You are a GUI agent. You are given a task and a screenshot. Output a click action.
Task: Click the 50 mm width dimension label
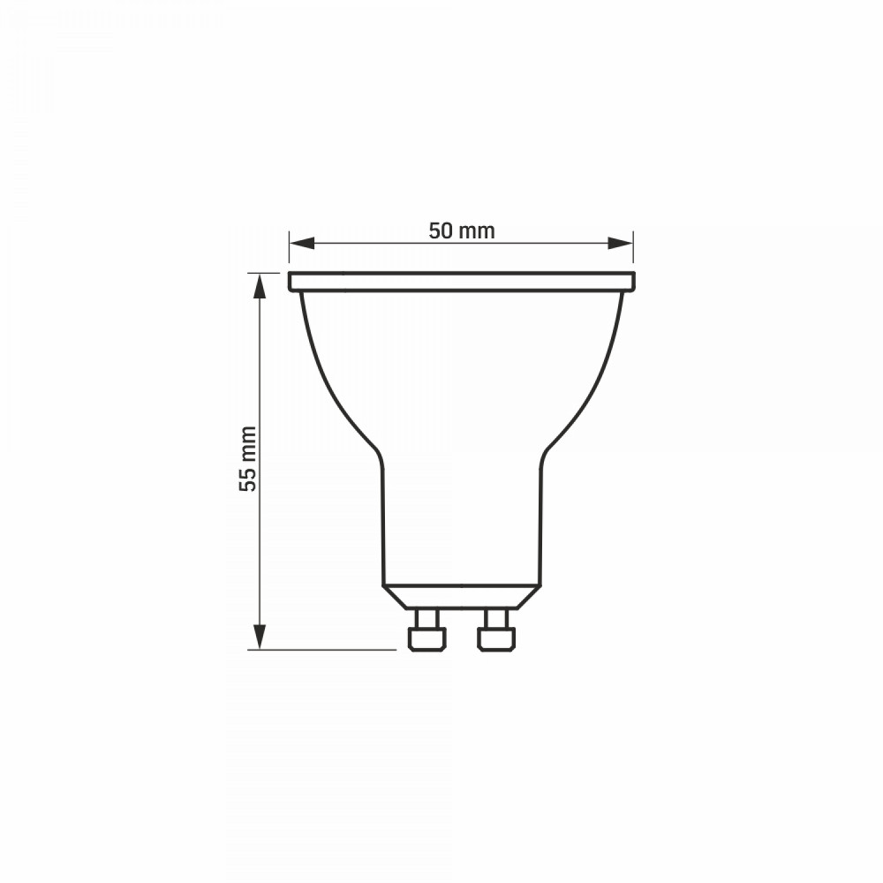[x=462, y=230]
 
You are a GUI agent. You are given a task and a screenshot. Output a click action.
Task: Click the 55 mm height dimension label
[x=248, y=459]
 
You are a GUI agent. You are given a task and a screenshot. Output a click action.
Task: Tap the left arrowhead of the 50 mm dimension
[x=301, y=244]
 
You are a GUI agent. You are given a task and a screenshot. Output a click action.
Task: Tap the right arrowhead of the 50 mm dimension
[x=620, y=244]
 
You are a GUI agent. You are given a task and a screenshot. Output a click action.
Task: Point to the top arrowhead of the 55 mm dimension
[x=259, y=286]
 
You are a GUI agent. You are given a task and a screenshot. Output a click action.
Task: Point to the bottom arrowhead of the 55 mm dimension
[x=259, y=637]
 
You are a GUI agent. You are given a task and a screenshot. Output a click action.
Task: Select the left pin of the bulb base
[x=426, y=630]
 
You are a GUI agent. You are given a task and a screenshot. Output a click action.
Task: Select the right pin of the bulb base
[x=496, y=630]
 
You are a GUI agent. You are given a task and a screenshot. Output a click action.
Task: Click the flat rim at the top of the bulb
[x=462, y=282]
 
